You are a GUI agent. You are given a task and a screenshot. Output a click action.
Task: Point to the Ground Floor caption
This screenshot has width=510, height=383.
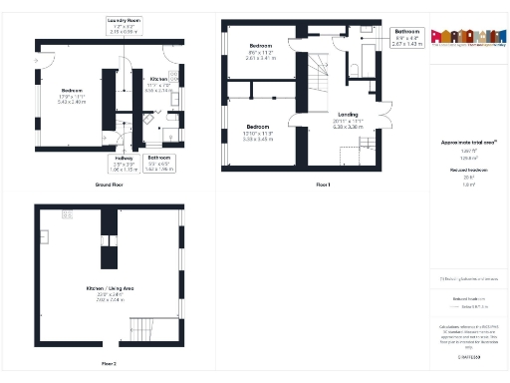point(110,186)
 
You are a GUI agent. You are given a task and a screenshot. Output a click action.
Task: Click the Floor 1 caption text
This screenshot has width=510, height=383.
point(323,186)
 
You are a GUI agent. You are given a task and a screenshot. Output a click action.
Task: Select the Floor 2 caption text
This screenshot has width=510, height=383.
point(109,363)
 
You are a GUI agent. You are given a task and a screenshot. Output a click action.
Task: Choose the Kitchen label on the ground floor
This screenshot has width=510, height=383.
point(159,82)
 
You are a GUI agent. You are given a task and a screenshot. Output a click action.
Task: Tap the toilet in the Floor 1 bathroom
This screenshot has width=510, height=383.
point(356,69)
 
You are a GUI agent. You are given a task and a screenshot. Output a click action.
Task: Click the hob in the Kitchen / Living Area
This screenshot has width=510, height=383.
point(68,213)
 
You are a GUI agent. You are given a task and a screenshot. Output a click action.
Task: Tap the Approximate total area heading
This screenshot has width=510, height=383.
point(462,143)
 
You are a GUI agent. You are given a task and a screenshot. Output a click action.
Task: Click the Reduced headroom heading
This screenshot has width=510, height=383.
point(461,170)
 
